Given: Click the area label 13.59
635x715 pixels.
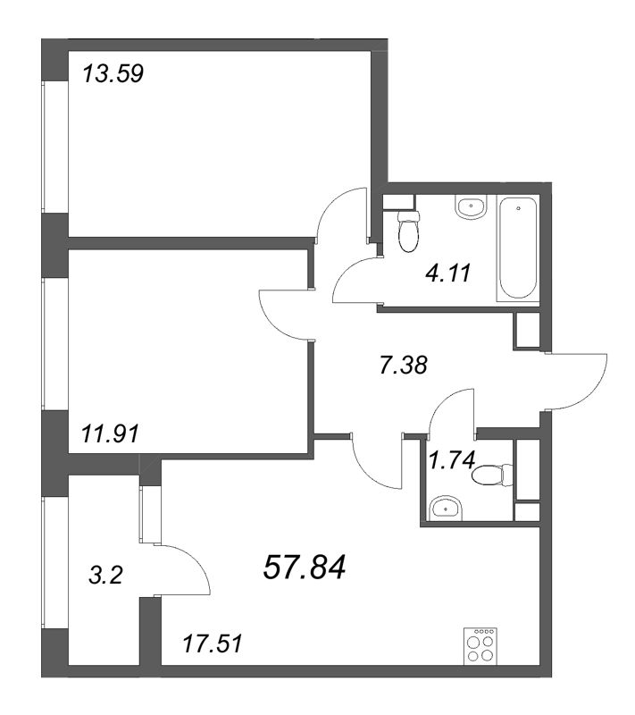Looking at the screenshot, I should click(x=113, y=72).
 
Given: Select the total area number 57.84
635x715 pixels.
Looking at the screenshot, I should click(x=304, y=566).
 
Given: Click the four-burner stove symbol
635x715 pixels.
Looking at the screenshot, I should click(x=481, y=646).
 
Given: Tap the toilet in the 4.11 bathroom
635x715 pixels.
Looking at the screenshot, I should click(x=408, y=231).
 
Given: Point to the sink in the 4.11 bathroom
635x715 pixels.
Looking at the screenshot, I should click(x=471, y=207).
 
